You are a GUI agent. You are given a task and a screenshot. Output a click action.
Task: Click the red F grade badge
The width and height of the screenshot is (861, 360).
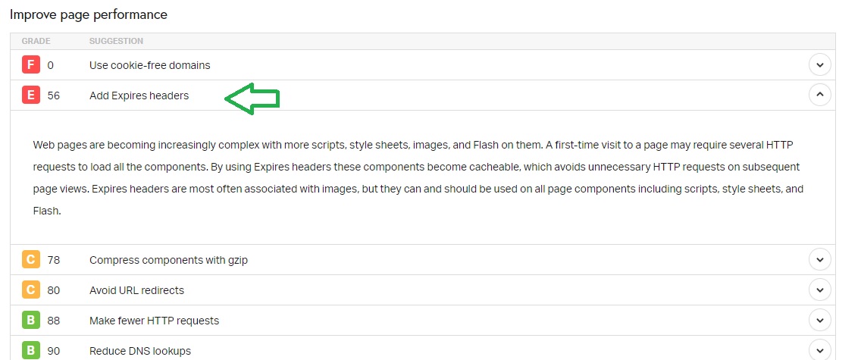pyautogui.click(x=31, y=65)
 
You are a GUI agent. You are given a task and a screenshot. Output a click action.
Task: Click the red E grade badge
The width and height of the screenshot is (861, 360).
pyautogui.click(x=31, y=95)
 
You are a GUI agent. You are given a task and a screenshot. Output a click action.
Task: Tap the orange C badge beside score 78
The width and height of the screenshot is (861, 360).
pyautogui.click(x=31, y=259)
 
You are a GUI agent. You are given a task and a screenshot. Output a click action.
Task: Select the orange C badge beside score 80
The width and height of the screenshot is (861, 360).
pyautogui.click(x=31, y=290)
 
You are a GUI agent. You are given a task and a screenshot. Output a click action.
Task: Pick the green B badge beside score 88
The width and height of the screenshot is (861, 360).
pyautogui.click(x=31, y=321)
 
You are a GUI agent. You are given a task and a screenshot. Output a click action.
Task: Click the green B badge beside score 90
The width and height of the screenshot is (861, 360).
pyautogui.click(x=31, y=351)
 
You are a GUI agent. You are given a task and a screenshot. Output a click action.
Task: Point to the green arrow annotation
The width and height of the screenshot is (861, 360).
pyautogui.click(x=252, y=99)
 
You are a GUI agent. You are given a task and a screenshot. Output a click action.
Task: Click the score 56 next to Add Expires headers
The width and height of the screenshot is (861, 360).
pyautogui.click(x=53, y=95)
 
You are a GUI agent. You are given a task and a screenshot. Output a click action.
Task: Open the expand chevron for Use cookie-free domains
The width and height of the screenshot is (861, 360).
pyautogui.click(x=819, y=65)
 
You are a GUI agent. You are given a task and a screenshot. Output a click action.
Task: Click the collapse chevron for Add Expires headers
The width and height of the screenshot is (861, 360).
pyautogui.click(x=819, y=95)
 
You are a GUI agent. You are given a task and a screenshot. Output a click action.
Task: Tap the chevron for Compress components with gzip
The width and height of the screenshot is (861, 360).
pyautogui.click(x=819, y=259)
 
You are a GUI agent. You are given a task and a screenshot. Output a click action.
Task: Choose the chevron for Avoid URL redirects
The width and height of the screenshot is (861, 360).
pyautogui.click(x=819, y=290)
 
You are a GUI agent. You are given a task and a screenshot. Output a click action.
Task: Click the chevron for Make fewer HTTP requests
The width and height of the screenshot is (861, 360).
pyautogui.click(x=819, y=321)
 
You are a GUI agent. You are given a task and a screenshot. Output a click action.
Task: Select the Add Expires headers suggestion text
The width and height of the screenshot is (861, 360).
pyautogui.click(x=139, y=95)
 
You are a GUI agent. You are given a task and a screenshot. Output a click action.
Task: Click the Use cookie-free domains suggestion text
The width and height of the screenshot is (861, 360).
pyautogui.click(x=150, y=65)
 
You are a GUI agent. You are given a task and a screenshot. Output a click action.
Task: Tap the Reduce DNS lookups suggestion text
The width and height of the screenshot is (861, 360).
pyautogui.click(x=140, y=351)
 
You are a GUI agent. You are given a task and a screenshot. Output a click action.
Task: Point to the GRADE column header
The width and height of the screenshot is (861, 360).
pyautogui.click(x=36, y=41)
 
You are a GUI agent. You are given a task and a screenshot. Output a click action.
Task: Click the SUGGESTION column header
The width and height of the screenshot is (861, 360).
pyautogui.click(x=117, y=41)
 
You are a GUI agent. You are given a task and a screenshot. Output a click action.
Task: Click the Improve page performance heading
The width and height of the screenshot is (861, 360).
pyautogui.click(x=89, y=15)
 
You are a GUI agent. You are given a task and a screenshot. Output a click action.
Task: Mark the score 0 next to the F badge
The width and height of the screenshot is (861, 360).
pyautogui.click(x=51, y=65)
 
